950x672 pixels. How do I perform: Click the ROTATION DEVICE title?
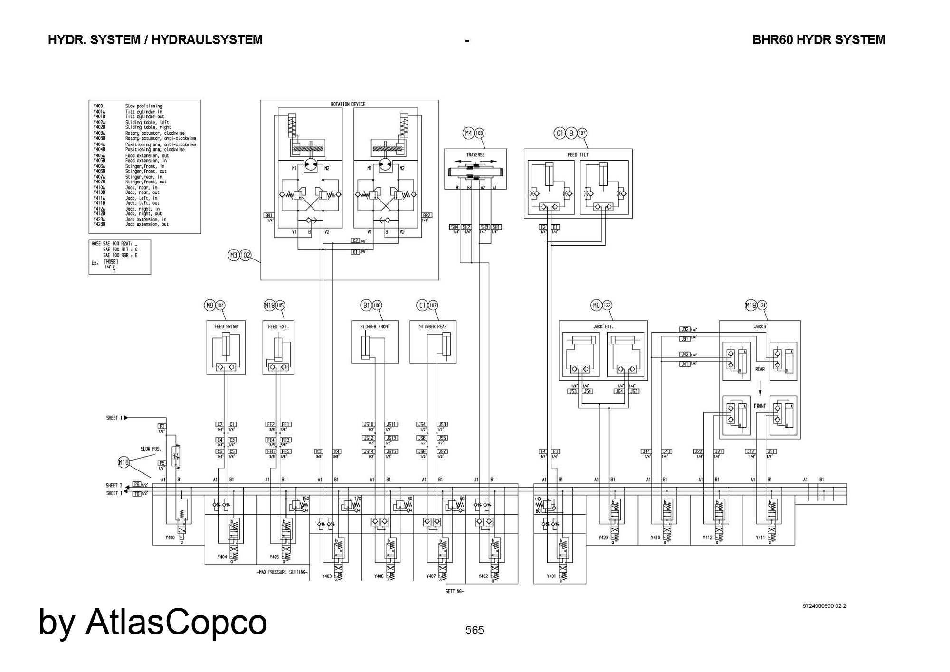(x=348, y=104)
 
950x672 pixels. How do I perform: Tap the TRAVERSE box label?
(x=475, y=155)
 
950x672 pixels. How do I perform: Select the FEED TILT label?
(x=578, y=155)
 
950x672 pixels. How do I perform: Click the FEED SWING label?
(x=226, y=327)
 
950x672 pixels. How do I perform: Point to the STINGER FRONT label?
(x=375, y=327)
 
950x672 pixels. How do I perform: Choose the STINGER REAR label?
(x=433, y=327)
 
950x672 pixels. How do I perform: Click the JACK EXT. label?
(x=603, y=327)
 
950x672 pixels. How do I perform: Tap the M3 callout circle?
(x=233, y=256)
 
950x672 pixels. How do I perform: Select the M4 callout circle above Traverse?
(x=468, y=134)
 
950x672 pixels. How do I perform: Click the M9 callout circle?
(x=209, y=306)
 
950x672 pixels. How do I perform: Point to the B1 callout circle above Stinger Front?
(x=366, y=306)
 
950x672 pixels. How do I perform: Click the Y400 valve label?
(x=170, y=538)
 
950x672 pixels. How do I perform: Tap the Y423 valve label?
(x=603, y=538)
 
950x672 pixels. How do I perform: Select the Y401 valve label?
(x=551, y=576)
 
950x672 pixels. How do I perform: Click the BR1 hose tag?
(x=269, y=216)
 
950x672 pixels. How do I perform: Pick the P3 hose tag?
(x=162, y=426)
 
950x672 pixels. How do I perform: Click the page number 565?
(x=475, y=630)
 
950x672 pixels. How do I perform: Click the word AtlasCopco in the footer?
(x=176, y=622)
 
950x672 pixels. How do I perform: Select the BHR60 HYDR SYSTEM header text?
(x=818, y=40)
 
